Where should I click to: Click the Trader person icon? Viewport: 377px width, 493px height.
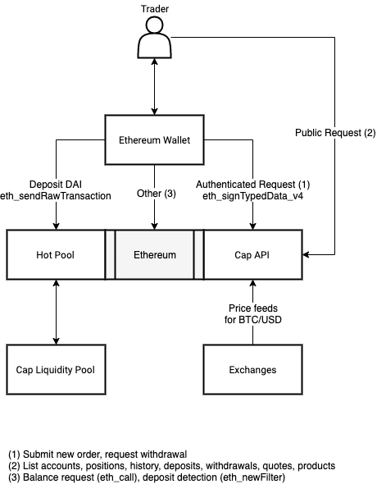[155, 38]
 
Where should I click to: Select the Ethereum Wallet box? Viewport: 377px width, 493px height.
[154, 140]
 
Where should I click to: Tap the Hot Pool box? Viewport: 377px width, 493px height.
[56, 254]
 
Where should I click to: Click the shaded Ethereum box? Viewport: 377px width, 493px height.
[154, 254]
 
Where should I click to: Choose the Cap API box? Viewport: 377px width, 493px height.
[253, 254]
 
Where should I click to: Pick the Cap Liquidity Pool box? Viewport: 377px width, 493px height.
[56, 369]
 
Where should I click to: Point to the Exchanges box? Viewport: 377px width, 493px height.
[253, 369]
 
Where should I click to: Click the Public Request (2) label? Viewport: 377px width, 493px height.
[335, 133]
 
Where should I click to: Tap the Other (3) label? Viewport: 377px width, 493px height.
[157, 194]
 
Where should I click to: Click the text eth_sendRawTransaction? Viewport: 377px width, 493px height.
[56, 196]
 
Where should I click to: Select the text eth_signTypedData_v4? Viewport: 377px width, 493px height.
[253, 196]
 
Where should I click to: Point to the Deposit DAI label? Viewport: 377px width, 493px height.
[56, 185]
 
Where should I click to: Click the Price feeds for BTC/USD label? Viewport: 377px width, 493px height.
[253, 314]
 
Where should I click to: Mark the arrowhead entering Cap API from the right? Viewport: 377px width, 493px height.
[306, 254]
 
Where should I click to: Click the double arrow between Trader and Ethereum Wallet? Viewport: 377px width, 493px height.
[154, 87]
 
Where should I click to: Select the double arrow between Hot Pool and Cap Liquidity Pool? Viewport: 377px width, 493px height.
[56, 312]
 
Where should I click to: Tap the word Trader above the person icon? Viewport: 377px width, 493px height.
[155, 9]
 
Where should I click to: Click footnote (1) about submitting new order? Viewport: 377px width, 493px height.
[98, 454]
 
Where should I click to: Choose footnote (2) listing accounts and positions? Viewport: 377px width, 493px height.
[172, 466]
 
